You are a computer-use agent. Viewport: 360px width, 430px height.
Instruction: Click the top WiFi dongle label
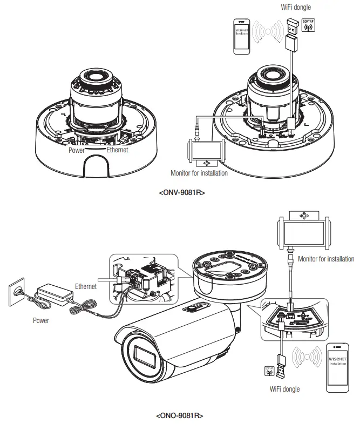(x=296, y=8)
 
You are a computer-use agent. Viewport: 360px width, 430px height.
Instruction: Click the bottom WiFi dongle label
(x=284, y=388)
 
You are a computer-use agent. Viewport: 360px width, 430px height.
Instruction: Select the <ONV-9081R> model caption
(x=182, y=192)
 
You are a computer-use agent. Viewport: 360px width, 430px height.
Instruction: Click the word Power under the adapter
(x=41, y=320)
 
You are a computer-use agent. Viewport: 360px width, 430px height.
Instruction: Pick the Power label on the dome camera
(x=77, y=151)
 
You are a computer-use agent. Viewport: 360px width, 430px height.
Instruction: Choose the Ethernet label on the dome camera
(x=117, y=150)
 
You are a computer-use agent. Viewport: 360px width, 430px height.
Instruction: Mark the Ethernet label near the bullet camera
(x=86, y=286)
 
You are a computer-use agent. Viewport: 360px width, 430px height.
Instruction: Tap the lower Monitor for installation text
(x=326, y=259)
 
